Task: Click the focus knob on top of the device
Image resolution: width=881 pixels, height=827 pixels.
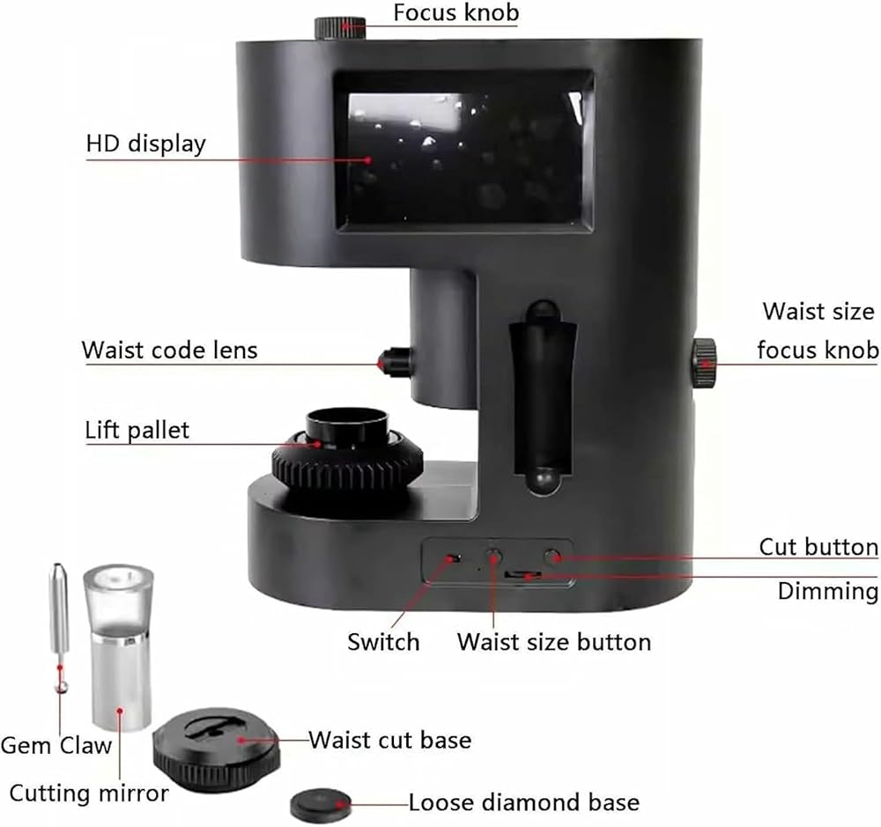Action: [x=340, y=26]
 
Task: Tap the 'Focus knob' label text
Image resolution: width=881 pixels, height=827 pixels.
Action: [x=455, y=13]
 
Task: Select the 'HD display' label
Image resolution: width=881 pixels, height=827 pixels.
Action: [x=145, y=143]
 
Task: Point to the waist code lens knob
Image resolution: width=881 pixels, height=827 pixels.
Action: [x=396, y=359]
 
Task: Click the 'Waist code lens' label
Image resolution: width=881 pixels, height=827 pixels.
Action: [x=169, y=350]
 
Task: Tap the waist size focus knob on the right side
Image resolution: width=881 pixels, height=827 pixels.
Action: [x=704, y=362]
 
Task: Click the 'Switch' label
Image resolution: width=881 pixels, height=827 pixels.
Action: [x=383, y=641]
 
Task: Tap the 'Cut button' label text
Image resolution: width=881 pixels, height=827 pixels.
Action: [x=818, y=547]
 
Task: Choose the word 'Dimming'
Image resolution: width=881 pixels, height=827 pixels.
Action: [x=827, y=591]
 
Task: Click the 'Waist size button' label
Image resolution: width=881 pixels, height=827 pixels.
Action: [x=553, y=641]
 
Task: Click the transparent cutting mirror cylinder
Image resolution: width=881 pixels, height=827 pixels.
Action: [x=120, y=647]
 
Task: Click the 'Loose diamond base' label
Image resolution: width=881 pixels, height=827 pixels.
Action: [x=523, y=803]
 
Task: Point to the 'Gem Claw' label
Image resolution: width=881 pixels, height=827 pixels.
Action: [x=56, y=745]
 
